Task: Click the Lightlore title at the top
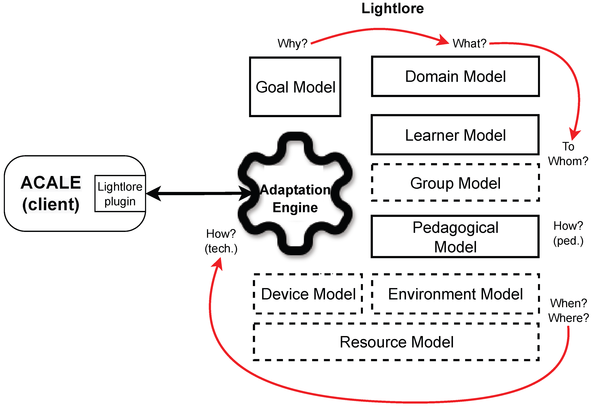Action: (x=392, y=9)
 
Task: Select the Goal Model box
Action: (x=295, y=87)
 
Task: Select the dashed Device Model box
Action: (x=308, y=294)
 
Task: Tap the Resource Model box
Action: (x=396, y=342)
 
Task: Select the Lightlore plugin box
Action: (x=120, y=194)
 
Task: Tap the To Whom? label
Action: (x=568, y=154)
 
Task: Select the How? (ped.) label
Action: (x=568, y=233)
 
